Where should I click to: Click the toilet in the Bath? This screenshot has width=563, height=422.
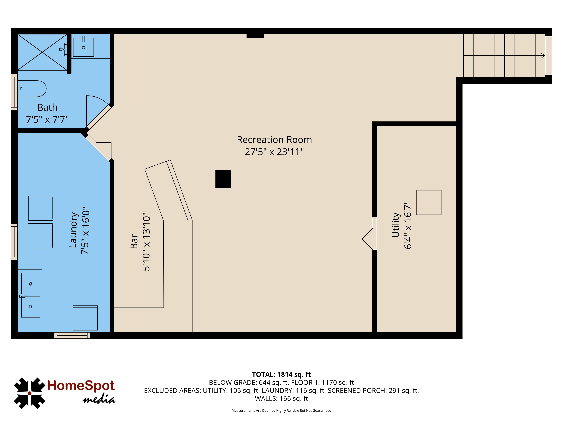[32, 89]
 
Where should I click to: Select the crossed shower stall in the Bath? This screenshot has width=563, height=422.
[42, 52]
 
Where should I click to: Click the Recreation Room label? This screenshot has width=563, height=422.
[274, 140]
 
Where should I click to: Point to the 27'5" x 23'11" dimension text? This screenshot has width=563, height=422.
[274, 152]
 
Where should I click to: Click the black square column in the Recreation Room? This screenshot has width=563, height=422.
[223, 179]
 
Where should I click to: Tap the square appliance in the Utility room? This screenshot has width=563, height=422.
[429, 202]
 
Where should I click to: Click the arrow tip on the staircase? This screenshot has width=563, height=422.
[545, 55]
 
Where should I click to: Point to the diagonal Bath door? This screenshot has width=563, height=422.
[99, 117]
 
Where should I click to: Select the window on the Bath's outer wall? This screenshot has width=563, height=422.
[14, 92]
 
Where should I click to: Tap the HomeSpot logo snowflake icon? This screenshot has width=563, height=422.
[30, 393]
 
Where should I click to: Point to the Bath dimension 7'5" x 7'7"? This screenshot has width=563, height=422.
[47, 119]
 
